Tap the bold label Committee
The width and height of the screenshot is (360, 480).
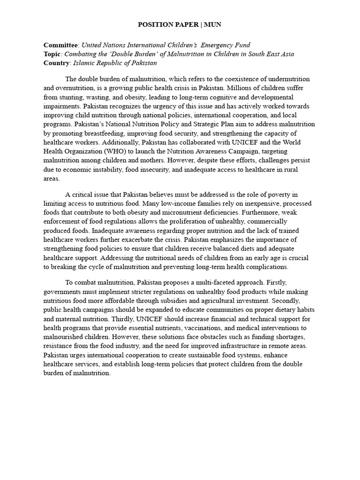pos(61,45)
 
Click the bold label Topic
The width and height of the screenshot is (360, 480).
pos(52,54)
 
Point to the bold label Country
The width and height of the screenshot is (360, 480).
pos(57,63)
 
